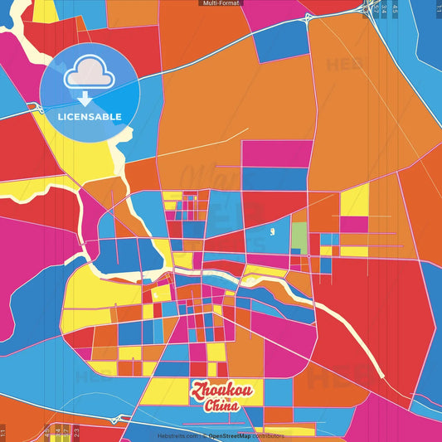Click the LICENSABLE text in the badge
(x=89, y=116)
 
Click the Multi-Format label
(x=221, y=3)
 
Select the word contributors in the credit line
(x=270, y=435)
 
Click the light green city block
(x=299, y=236)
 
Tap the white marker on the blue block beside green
(x=273, y=230)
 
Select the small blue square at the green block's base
(x=295, y=251)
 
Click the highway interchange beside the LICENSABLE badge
(x=38, y=109)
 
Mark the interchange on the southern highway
(x=116, y=420)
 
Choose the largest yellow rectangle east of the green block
(x=354, y=200)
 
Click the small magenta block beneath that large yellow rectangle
(x=354, y=224)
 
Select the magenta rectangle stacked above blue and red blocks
(x=277, y=153)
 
